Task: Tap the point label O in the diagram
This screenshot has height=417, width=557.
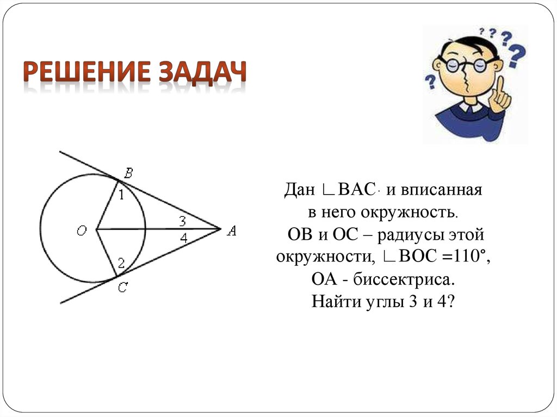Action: click(x=82, y=231)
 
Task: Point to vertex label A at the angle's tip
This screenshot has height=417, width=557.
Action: click(x=232, y=231)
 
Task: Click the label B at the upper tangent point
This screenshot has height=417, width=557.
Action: click(x=128, y=173)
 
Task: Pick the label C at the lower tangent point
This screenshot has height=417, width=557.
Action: click(x=123, y=289)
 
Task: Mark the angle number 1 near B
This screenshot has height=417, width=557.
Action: click(x=121, y=195)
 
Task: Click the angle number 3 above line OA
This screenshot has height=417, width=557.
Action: click(x=183, y=221)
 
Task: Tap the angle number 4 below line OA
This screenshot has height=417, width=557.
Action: click(x=184, y=238)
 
